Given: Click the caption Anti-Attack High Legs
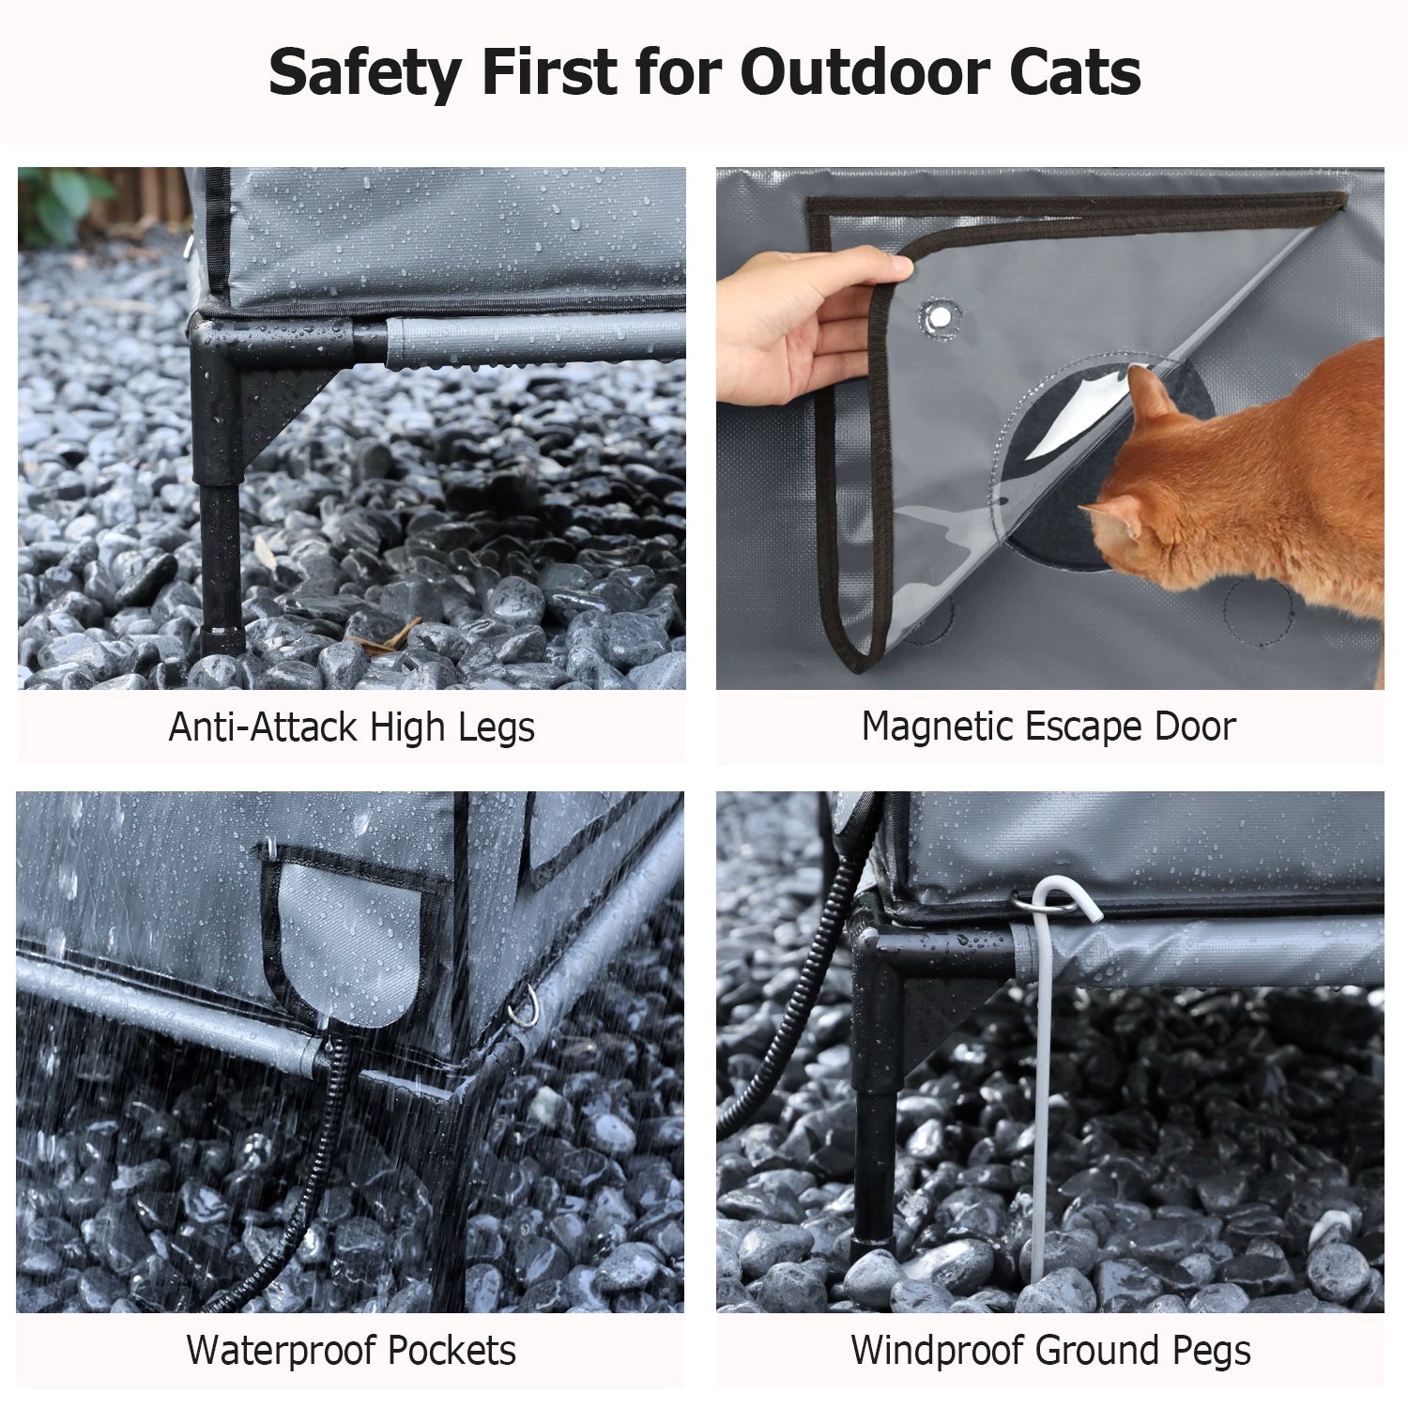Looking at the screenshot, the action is [352, 727].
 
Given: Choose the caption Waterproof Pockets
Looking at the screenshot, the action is [351, 1351].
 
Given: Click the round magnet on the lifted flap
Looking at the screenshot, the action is [938, 317].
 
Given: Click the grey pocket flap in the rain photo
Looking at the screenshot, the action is [349, 943].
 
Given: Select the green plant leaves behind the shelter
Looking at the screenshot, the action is [62, 202].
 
